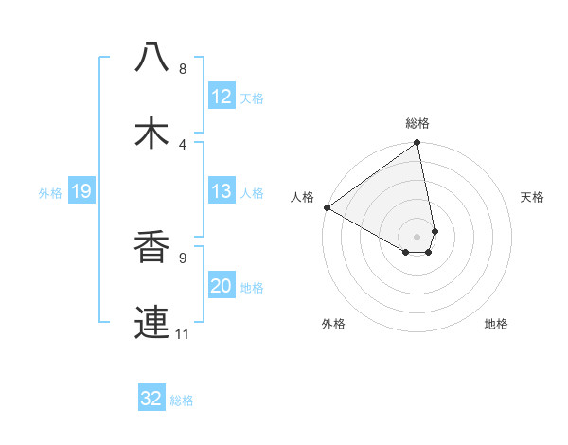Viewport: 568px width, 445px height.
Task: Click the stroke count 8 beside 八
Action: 182,69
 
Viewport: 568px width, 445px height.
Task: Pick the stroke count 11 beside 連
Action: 182,334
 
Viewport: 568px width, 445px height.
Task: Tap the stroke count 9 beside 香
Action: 182,258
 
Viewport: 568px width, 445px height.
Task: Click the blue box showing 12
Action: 221,97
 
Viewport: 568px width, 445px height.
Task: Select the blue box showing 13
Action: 221,191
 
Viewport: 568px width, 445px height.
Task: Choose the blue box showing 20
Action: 221,286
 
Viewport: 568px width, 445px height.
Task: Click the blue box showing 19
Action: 80,192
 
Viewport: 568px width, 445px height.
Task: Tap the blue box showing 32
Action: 151,399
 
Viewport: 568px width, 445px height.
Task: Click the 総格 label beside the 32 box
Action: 182,400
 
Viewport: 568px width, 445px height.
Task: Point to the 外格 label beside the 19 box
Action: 50,193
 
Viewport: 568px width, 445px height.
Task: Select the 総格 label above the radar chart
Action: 417,123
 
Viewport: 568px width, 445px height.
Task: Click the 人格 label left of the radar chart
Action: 302,197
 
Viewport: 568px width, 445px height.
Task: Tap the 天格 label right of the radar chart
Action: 532,197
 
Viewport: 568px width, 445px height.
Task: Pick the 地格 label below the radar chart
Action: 496,324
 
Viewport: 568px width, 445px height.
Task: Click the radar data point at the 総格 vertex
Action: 417,144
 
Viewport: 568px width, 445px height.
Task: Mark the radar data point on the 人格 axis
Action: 327,207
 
